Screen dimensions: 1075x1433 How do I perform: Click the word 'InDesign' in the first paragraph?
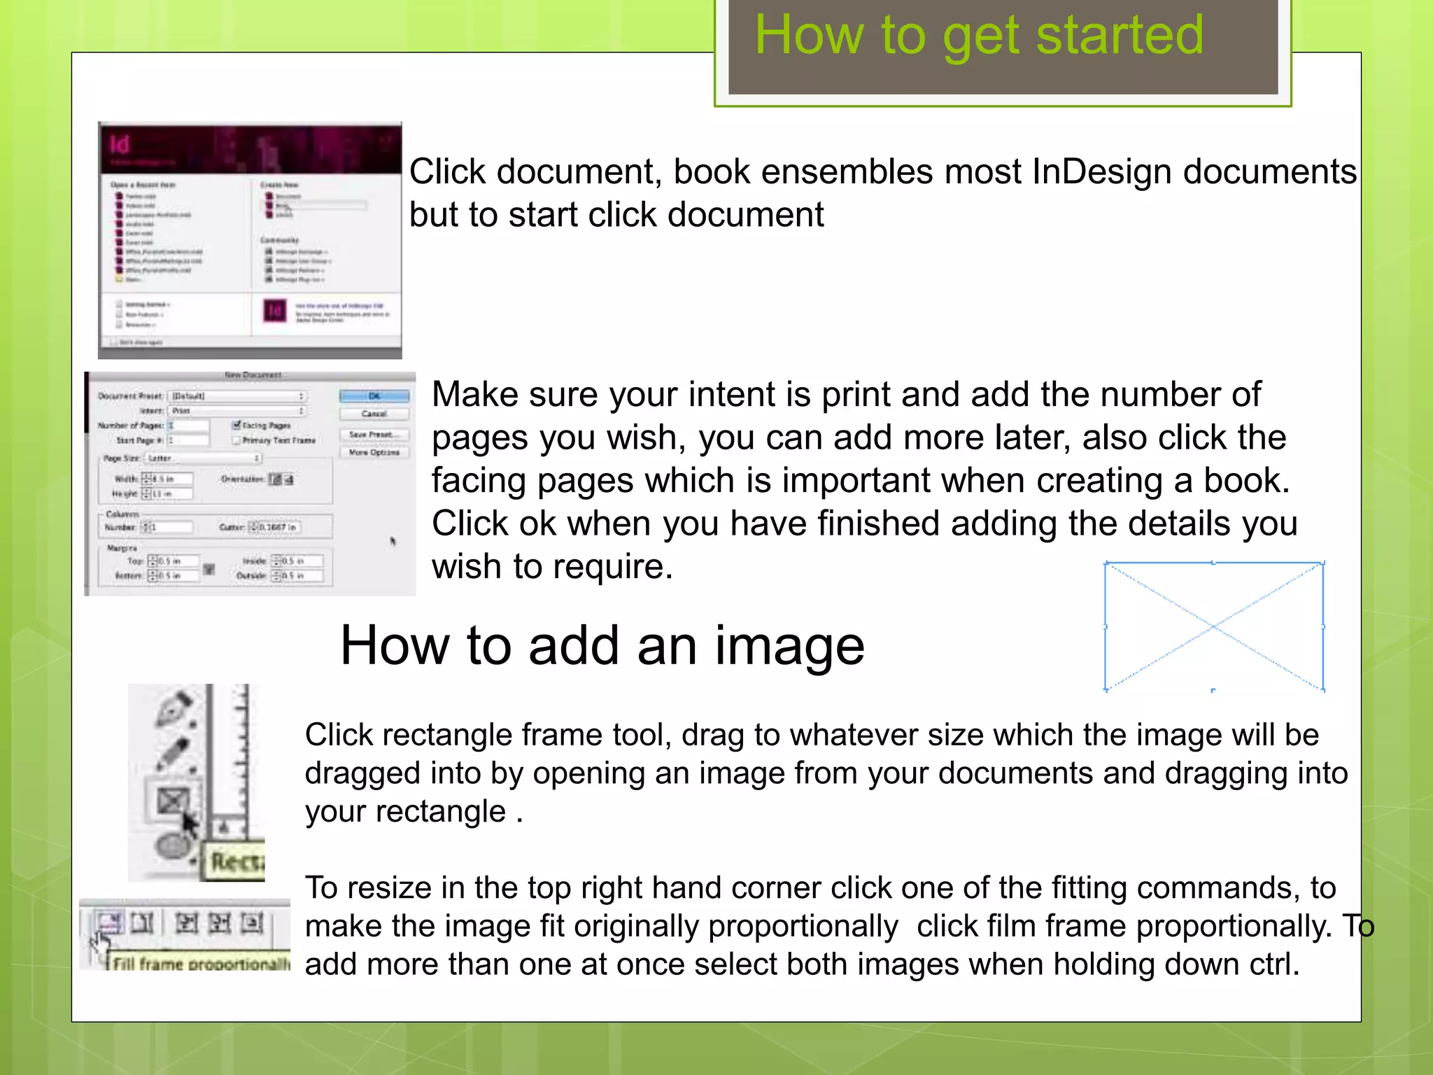click(1101, 171)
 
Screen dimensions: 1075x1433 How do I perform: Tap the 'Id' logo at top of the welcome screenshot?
click(120, 144)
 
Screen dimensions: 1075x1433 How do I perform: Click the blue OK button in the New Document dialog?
click(374, 396)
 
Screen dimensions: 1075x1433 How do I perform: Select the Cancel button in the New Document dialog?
click(374, 414)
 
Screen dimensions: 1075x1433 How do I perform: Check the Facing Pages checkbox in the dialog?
click(237, 425)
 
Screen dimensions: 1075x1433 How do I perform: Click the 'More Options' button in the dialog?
click(374, 453)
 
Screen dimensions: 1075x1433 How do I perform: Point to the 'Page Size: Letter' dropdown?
click(203, 458)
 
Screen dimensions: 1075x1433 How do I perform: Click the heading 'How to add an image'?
click(602, 645)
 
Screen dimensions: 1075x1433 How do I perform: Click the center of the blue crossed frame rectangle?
click(1213, 626)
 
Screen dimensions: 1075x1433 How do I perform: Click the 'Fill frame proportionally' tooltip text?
click(199, 964)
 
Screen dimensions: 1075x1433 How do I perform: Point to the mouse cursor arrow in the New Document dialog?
click(393, 540)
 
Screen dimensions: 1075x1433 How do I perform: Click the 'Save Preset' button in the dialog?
click(374, 435)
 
